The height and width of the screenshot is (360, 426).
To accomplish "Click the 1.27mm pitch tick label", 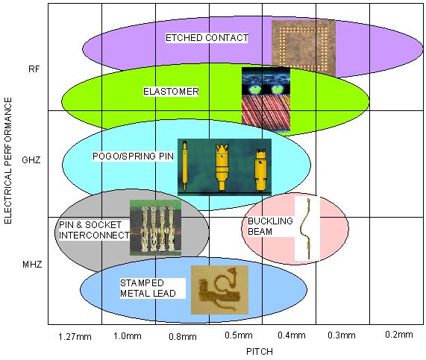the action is (x=75, y=337).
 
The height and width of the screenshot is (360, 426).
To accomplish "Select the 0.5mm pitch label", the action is (x=239, y=335).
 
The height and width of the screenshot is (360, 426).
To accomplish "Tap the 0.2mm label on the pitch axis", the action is (x=399, y=335).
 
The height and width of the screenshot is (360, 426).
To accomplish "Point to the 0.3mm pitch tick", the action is (x=342, y=335).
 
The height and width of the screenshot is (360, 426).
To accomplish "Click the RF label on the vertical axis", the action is (x=34, y=69).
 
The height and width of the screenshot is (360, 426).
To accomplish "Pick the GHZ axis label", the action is (x=31, y=160).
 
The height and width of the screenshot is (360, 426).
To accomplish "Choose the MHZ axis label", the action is (x=32, y=264).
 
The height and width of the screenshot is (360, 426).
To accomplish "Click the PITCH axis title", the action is (x=260, y=352).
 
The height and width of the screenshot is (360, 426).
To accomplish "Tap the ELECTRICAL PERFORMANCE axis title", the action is (x=8, y=161).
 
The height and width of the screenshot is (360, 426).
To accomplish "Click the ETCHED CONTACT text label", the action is (x=207, y=38).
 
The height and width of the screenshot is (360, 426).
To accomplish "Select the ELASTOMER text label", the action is (x=171, y=92).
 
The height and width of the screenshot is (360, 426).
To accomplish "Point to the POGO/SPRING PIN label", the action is (x=133, y=157).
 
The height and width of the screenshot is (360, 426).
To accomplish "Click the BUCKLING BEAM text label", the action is (x=270, y=226).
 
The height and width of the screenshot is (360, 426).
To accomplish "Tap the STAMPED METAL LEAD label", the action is (x=148, y=288).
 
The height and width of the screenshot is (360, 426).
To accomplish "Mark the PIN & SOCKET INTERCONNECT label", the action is (x=94, y=230).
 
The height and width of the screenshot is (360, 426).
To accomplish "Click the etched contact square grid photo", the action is (x=304, y=48).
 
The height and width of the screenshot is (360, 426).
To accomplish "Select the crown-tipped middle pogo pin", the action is (x=222, y=167).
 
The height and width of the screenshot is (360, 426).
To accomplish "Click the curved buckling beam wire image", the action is (x=307, y=228).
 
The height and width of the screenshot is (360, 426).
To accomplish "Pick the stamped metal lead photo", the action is (x=219, y=290).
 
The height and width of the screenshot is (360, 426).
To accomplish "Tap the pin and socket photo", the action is (x=155, y=228).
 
